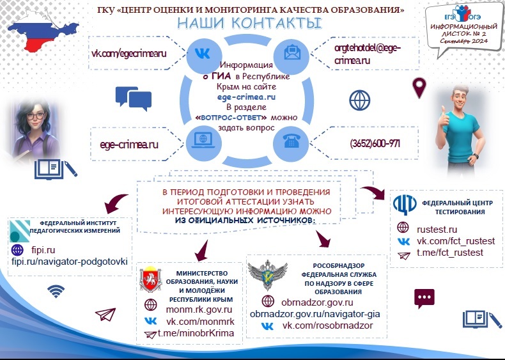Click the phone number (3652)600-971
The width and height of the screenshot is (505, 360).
(x=375, y=144)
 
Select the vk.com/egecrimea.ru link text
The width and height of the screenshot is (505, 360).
(x=128, y=54)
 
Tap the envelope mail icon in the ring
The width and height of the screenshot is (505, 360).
(x=291, y=52)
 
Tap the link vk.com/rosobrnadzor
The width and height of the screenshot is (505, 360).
(x=327, y=326)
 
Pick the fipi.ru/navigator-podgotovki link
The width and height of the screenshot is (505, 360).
(x=70, y=262)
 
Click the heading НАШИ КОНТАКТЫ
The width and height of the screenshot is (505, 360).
(x=249, y=24)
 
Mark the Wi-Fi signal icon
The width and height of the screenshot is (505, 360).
(x=56, y=292)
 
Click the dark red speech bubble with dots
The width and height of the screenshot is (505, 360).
(x=424, y=297)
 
